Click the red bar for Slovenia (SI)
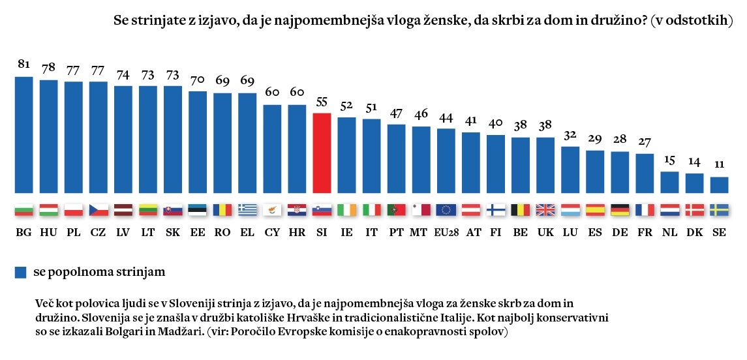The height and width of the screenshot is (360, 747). coord(322,153)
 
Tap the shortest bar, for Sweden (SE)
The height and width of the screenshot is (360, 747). coord(719,185)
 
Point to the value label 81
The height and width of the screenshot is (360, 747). coord(24,65)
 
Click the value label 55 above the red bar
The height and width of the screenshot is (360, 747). coord(322,102)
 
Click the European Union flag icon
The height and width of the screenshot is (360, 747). coord(446,210)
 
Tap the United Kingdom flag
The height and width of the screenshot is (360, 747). coord(545,210)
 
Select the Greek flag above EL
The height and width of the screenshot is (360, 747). coord(247,210)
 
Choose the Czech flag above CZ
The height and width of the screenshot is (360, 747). coord(99,210)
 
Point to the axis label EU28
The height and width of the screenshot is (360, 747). coord(446,232)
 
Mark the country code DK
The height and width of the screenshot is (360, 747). coord(694,232)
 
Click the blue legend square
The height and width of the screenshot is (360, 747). coord(20,272)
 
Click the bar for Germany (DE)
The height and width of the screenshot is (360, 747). coord(620,173)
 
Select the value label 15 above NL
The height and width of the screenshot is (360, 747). coord(669,160)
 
